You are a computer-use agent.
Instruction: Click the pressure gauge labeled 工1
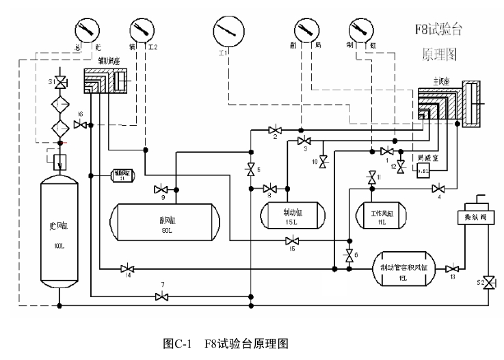click(x=228, y=30)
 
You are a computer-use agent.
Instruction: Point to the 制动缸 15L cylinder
click(x=289, y=217)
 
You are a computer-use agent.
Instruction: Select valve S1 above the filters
click(x=61, y=82)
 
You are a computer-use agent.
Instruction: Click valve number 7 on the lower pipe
click(x=162, y=296)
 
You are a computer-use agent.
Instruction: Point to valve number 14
click(x=127, y=268)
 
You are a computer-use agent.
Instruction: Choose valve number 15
click(x=293, y=240)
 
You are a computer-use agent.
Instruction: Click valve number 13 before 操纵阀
click(x=451, y=268)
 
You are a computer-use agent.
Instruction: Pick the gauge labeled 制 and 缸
click(x=361, y=29)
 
